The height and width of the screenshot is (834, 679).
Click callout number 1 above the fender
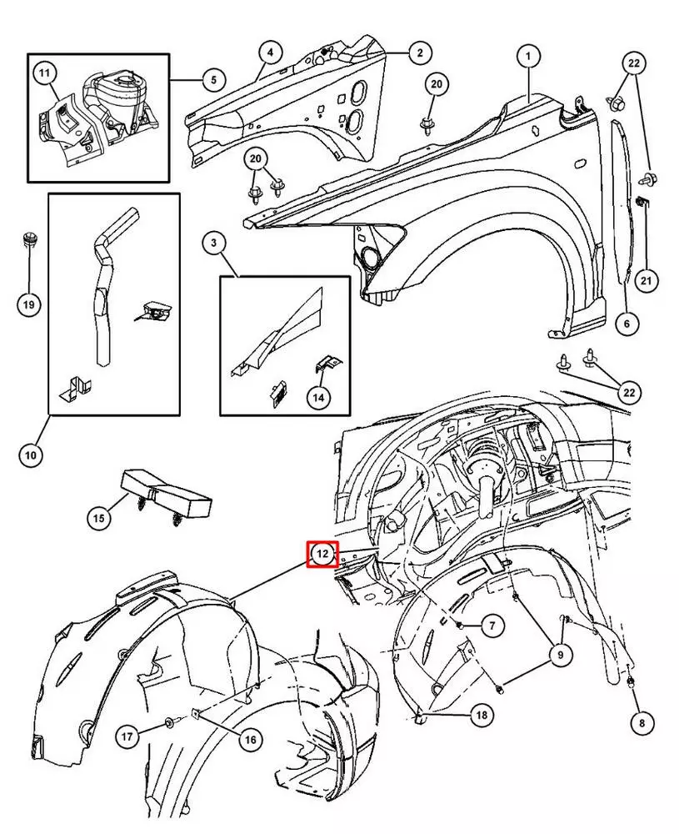click(x=527, y=57)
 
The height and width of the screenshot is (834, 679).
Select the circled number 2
click(x=419, y=53)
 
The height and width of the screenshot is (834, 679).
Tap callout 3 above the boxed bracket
click(x=214, y=244)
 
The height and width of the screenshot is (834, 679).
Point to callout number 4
click(x=269, y=53)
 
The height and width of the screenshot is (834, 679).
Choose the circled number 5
click(x=212, y=80)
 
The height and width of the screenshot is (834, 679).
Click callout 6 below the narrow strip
click(x=627, y=322)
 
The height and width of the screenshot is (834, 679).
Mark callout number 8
click(x=640, y=724)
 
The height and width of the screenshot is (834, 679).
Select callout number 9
click(x=560, y=656)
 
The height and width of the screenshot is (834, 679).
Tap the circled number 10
click(x=30, y=455)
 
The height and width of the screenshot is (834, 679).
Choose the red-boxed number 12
click(x=322, y=554)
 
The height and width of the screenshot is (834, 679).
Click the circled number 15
click(x=99, y=519)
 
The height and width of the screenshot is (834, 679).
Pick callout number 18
click(x=482, y=715)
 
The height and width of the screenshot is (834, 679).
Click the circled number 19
click(x=29, y=304)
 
